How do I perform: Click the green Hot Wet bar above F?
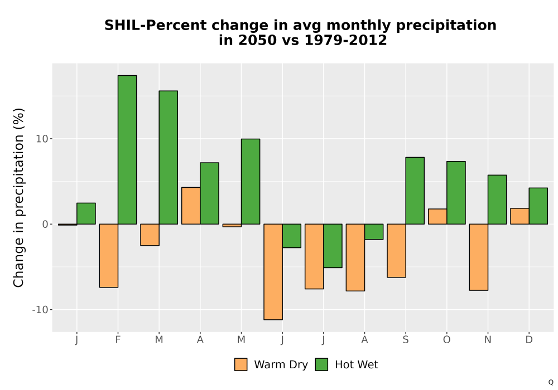[x=127, y=149]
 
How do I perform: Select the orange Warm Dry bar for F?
[x=109, y=256]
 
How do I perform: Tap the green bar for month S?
[x=415, y=191]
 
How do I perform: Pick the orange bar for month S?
[x=396, y=251]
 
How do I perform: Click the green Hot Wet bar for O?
[x=456, y=193]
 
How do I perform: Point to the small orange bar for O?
[x=437, y=217]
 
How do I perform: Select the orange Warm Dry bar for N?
[x=479, y=257]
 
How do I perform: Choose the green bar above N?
[x=497, y=199]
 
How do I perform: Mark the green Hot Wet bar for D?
[x=538, y=206]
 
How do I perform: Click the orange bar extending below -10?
[x=273, y=272]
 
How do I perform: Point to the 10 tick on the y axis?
[x=42, y=139]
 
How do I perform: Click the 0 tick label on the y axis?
[x=45, y=224]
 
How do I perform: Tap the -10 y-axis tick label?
[x=40, y=310]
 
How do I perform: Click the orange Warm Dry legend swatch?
[x=240, y=364]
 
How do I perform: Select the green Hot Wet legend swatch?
[x=321, y=364]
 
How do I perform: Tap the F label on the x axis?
[x=118, y=340]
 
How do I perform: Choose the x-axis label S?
[x=406, y=340]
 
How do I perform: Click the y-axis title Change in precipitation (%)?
[x=18, y=197]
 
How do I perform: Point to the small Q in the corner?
[x=551, y=382]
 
